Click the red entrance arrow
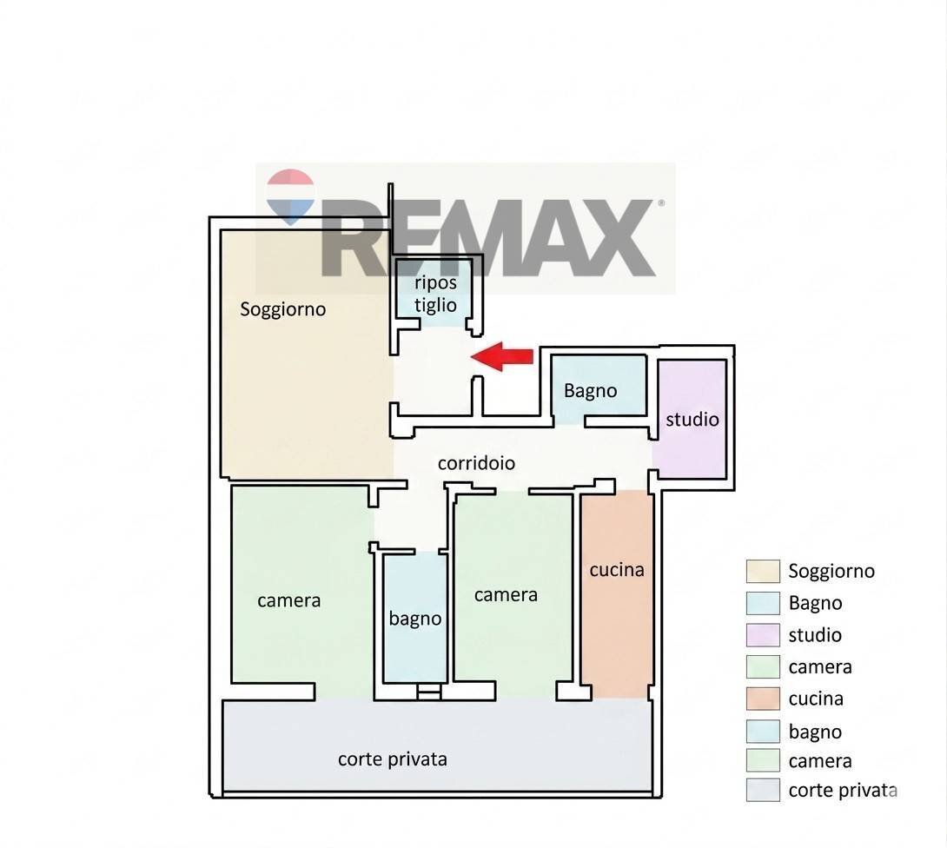point(503,356)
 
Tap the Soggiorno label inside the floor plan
point(283,309)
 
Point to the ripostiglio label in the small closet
point(435,294)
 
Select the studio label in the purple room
point(692,420)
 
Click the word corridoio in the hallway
point(476,463)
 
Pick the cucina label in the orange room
point(617,570)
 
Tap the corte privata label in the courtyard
point(393,759)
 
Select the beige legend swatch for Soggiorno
point(763,572)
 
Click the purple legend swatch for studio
point(763,635)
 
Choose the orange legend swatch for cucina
point(763,699)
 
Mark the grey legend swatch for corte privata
point(763,791)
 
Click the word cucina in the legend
point(816,699)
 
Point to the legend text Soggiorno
point(831,572)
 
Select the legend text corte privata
point(842,791)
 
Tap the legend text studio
point(815,635)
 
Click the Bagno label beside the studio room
point(590,391)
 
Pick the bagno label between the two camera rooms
point(415,619)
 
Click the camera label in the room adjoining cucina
point(506,595)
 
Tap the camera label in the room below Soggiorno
point(289,600)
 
